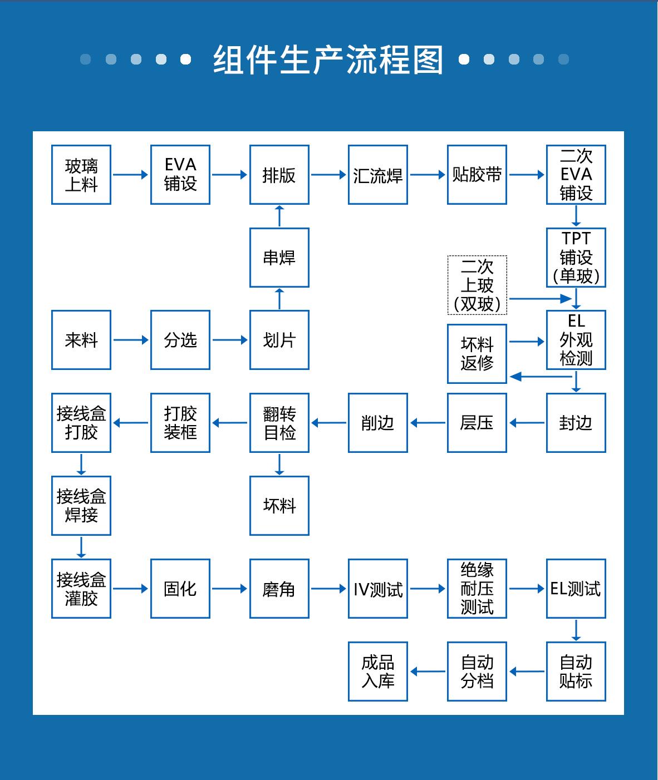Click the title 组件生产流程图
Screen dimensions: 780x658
coord(328,60)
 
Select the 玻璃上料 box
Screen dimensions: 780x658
coord(81,175)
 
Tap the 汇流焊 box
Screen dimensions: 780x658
coord(378,175)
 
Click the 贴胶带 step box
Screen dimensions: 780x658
coord(477,175)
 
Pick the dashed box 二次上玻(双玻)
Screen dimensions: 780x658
coord(477,285)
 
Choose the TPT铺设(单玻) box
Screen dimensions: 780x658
coord(576,258)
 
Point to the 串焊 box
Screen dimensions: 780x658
coord(279,258)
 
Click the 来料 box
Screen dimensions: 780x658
coord(81,340)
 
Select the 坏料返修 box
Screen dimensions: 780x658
coord(477,354)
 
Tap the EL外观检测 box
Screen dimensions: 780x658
coord(576,340)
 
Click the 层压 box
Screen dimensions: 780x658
coord(477,423)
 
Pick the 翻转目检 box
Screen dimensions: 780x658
coord(279,423)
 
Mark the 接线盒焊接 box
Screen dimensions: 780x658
coord(81,506)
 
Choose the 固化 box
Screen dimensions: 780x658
coord(180,589)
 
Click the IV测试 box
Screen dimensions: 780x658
coord(378,589)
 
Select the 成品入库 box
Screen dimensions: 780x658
coord(378,672)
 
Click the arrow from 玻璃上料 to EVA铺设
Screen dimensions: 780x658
coord(131,175)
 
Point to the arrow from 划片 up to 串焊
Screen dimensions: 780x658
coord(279,299)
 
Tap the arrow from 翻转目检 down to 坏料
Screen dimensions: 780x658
coord(279,465)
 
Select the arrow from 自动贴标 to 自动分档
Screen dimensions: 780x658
coord(527,672)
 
